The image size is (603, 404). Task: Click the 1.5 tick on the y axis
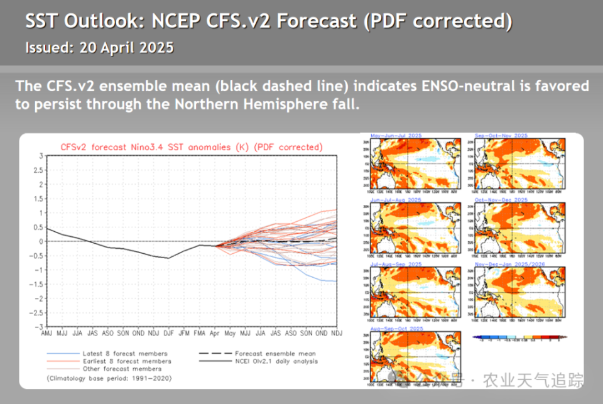40,198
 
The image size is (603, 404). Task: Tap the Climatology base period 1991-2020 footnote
109,378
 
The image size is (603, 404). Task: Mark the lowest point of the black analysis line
168,258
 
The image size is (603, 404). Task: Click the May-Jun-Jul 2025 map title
396,136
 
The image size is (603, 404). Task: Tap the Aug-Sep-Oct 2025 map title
397,328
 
